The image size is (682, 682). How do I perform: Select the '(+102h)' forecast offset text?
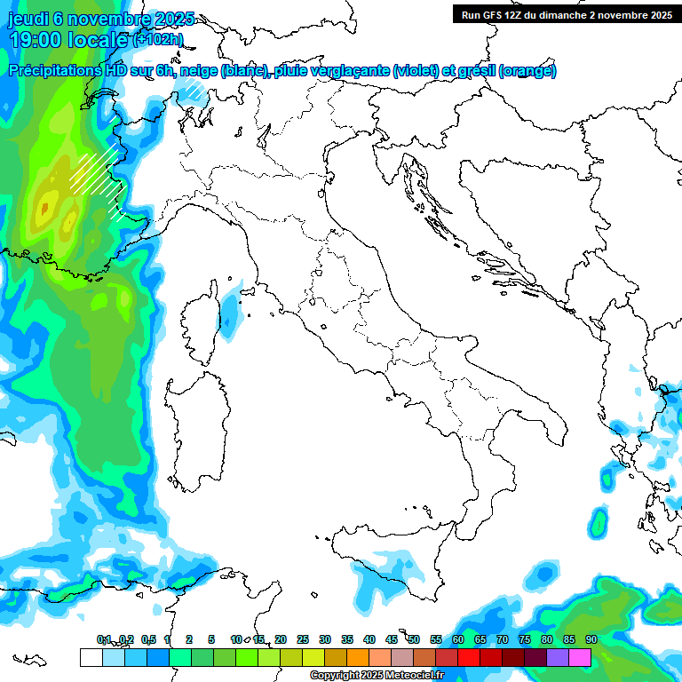pyautogui.click(x=157, y=39)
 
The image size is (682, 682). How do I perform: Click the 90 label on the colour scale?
pyautogui.click(x=591, y=639)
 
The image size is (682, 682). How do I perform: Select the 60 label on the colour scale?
pyautogui.click(x=457, y=639)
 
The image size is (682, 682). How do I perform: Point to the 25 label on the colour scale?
pyautogui.click(x=302, y=639)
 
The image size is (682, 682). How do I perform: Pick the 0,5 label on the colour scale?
pyautogui.click(x=147, y=639)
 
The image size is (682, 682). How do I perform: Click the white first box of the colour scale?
pyautogui.click(x=91, y=657)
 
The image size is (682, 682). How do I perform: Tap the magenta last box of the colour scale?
pyautogui.click(x=580, y=657)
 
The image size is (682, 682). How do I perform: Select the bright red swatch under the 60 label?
pyautogui.click(x=468, y=657)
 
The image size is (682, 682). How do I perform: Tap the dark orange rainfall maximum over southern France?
pyautogui.click(x=44, y=210)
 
